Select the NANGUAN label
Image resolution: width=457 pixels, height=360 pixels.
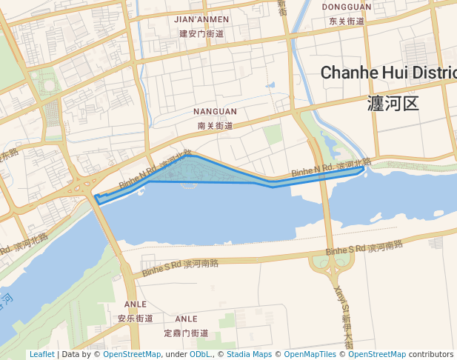215,112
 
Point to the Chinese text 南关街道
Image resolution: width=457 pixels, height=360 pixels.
216,126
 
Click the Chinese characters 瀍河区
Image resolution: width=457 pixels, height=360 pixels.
393,103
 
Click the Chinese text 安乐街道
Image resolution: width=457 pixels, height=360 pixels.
135,319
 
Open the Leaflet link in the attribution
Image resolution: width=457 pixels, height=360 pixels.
41,354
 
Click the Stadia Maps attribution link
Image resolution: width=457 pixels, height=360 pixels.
249,354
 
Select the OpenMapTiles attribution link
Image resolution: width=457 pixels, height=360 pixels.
310,354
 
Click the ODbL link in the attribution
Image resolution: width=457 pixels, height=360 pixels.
199,354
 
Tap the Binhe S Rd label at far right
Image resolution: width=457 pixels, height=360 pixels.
345,250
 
